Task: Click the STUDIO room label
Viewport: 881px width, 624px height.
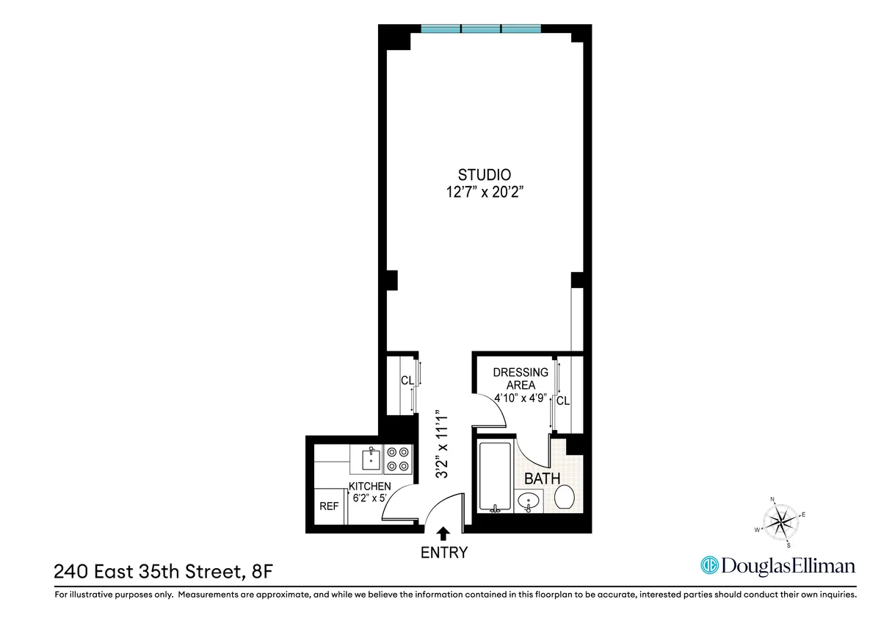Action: [484, 175]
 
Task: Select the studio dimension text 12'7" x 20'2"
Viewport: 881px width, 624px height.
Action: [484, 193]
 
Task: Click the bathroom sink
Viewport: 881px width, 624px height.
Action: [528, 501]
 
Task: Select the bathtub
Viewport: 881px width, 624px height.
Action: [495, 477]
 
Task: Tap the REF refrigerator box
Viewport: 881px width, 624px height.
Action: [327, 506]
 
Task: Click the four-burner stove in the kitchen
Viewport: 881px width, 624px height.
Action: [398, 459]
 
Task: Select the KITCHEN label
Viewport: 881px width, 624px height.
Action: [369, 487]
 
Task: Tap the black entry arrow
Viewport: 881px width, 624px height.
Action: [443, 533]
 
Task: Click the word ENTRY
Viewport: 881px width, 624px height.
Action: [443, 553]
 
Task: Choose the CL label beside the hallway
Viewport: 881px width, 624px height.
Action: [407, 381]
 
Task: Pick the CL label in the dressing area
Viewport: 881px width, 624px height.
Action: [563, 401]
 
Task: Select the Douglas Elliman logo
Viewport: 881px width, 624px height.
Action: [778, 565]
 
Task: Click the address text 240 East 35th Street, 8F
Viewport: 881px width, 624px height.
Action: [167, 571]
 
